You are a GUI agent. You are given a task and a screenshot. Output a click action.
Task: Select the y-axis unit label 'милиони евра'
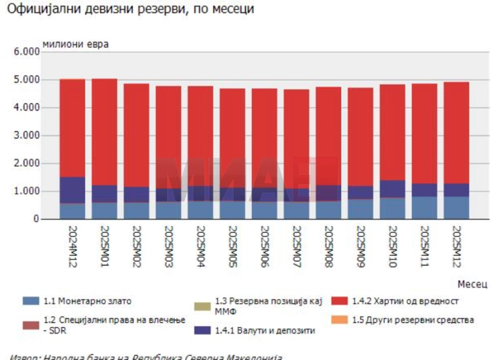pos(75,44)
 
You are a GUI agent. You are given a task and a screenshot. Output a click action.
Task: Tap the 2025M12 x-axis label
pos(457,247)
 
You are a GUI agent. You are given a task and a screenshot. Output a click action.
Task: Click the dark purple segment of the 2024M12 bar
pos(72,190)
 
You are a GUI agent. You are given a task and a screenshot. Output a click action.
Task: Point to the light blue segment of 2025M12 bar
pos(457,207)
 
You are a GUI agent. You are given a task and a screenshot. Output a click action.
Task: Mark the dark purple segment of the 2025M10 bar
pos(392,189)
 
